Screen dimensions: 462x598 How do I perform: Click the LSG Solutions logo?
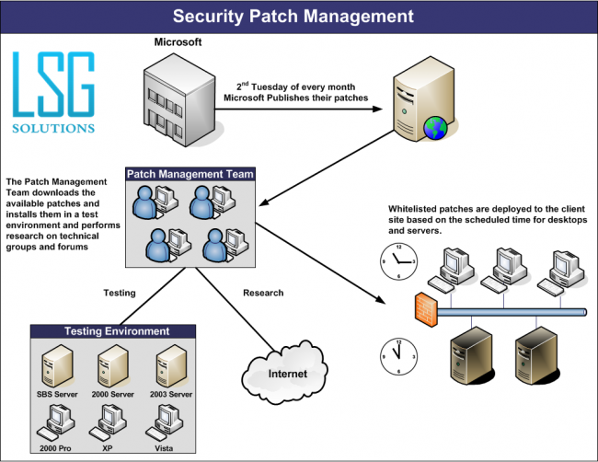click(x=53, y=92)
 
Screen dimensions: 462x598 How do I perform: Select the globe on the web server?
click(x=433, y=127)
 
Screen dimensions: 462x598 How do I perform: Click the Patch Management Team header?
click(x=190, y=173)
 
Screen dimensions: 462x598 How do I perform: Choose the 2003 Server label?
click(x=172, y=394)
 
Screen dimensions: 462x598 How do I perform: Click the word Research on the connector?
click(x=262, y=293)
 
